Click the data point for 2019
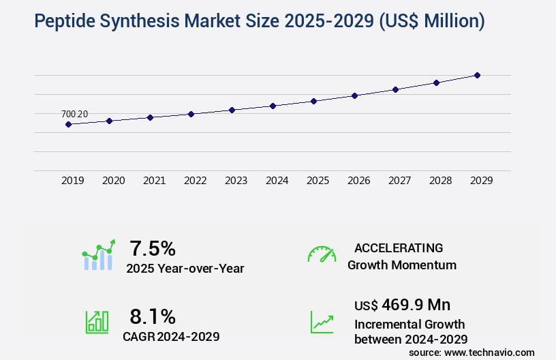68,124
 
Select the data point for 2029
477,75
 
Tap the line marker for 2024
273,106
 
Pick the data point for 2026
354,95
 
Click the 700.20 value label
74,114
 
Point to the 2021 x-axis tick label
154,181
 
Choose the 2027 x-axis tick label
399,181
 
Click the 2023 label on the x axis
236,181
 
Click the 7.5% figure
153,247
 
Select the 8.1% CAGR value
153,316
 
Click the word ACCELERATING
399,247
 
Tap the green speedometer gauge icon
322,254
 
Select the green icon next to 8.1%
97,322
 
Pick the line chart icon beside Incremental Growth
322,322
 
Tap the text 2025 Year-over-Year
185,269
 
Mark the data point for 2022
191,114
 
